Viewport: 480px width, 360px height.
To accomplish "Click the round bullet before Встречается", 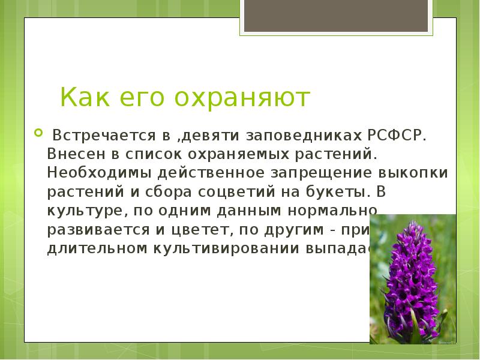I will (38, 132).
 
